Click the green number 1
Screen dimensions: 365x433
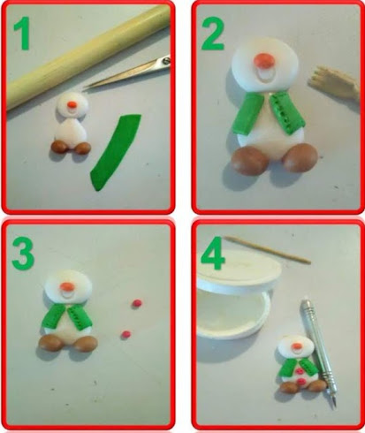tap(22, 33)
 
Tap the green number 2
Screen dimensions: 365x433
tap(212, 33)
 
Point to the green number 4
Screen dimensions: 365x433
tap(213, 253)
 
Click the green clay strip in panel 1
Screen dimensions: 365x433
tap(115, 153)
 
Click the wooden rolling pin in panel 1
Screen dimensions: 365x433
tap(87, 57)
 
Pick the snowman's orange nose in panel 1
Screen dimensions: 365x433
tap(72, 104)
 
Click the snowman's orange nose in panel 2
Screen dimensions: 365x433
tap(262, 60)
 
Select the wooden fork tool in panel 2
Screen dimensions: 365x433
tap(334, 83)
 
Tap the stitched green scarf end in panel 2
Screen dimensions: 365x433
tap(288, 112)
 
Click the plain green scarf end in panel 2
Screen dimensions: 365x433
tap(247, 113)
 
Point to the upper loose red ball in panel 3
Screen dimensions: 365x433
tap(136, 303)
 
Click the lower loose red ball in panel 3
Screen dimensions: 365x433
tap(126, 334)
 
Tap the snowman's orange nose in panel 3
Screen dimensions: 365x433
tap(66, 286)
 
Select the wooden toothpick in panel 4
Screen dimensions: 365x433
tap(267, 249)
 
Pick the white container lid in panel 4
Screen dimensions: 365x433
tap(239, 272)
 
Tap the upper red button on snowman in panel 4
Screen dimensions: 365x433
tap(300, 371)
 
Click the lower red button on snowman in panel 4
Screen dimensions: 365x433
tap(301, 382)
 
